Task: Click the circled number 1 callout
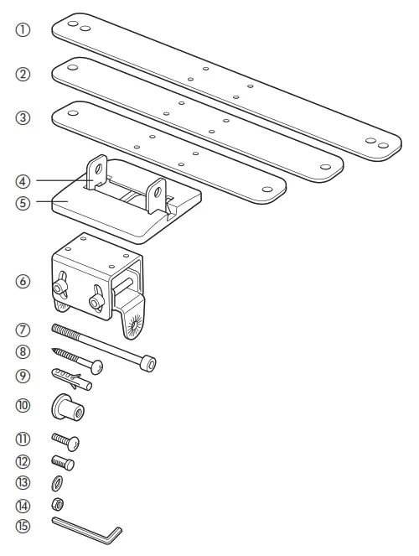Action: point(23,29)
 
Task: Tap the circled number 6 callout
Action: point(23,282)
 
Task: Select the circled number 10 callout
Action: point(23,406)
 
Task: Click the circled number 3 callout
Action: point(23,118)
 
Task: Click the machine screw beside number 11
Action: point(65,439)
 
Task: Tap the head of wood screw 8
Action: point(97,366)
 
